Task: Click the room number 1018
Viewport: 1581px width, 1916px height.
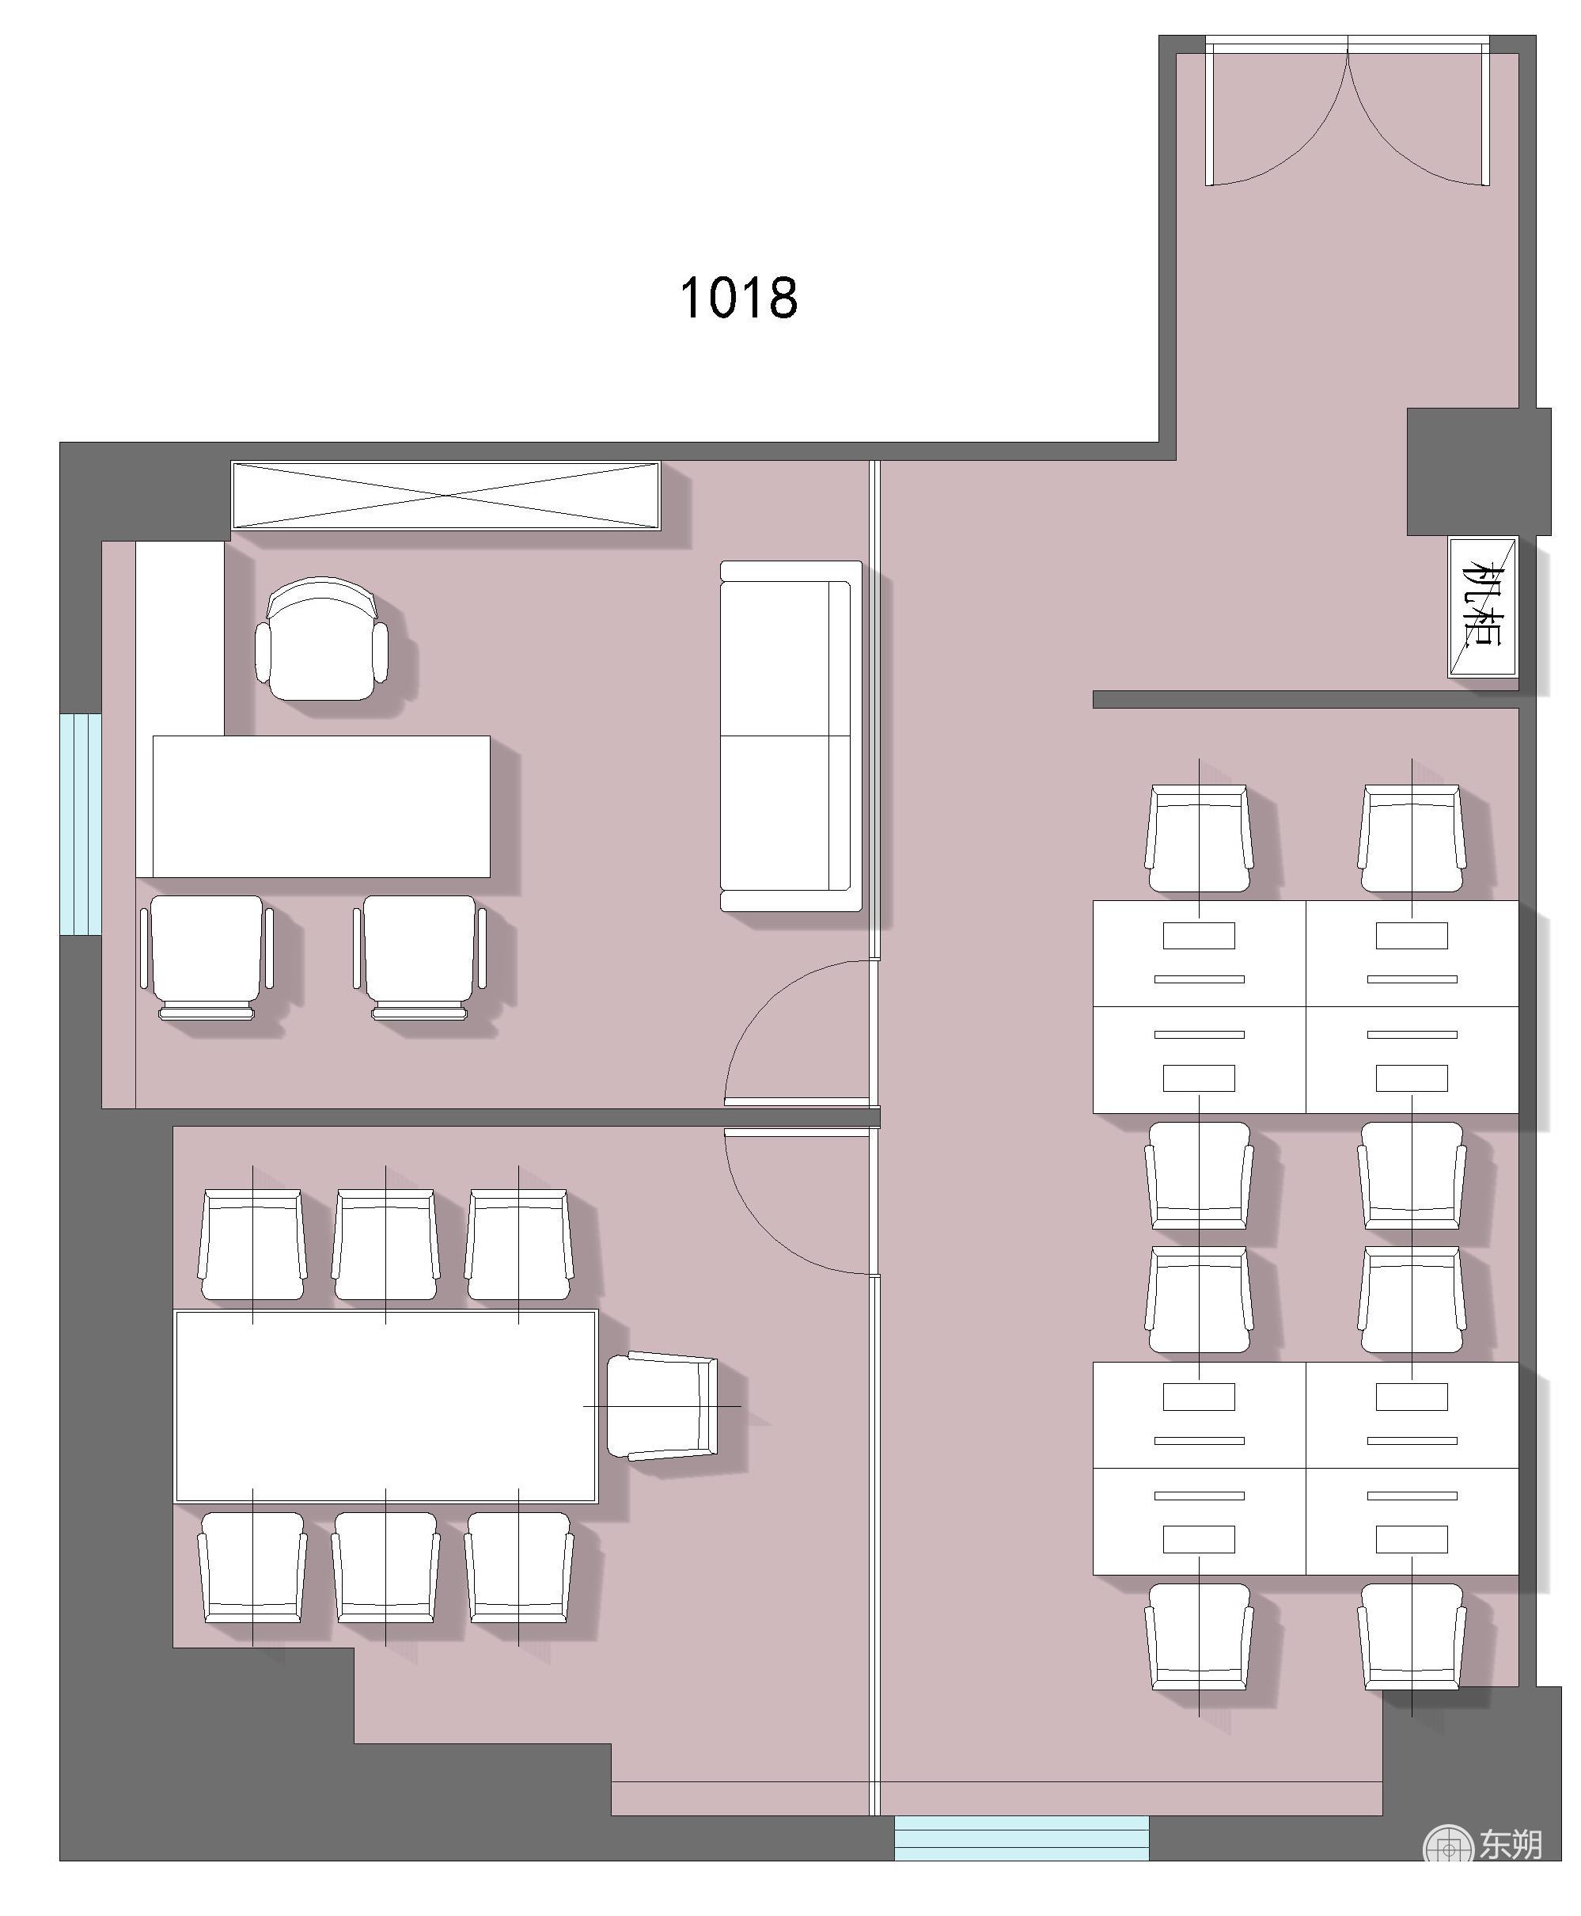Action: (738, 298)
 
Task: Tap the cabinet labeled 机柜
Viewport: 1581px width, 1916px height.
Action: (1483, 606)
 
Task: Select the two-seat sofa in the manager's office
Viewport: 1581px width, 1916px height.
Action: (790, 736)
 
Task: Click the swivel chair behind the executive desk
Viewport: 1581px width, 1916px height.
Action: (321, 639)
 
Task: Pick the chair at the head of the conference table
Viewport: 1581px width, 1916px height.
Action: (662, 1407)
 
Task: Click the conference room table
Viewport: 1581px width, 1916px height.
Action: (386, 1406)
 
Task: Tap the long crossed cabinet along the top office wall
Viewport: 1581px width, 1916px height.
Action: (445, 495)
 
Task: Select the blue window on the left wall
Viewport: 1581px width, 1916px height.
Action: (80, 823)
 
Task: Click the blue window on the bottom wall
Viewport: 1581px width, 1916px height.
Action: (1021, 1838)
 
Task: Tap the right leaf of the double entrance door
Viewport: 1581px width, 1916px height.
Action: (1419, 114)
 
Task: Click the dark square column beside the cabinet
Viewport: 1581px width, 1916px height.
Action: (1478, 471)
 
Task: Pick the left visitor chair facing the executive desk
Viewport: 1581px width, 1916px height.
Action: (207, 956)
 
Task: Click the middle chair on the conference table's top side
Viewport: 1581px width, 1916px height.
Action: (385, 1244)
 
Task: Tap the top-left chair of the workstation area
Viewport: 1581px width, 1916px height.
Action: (1199, 838)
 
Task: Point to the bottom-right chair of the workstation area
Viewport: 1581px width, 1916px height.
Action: (1412, 1637)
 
